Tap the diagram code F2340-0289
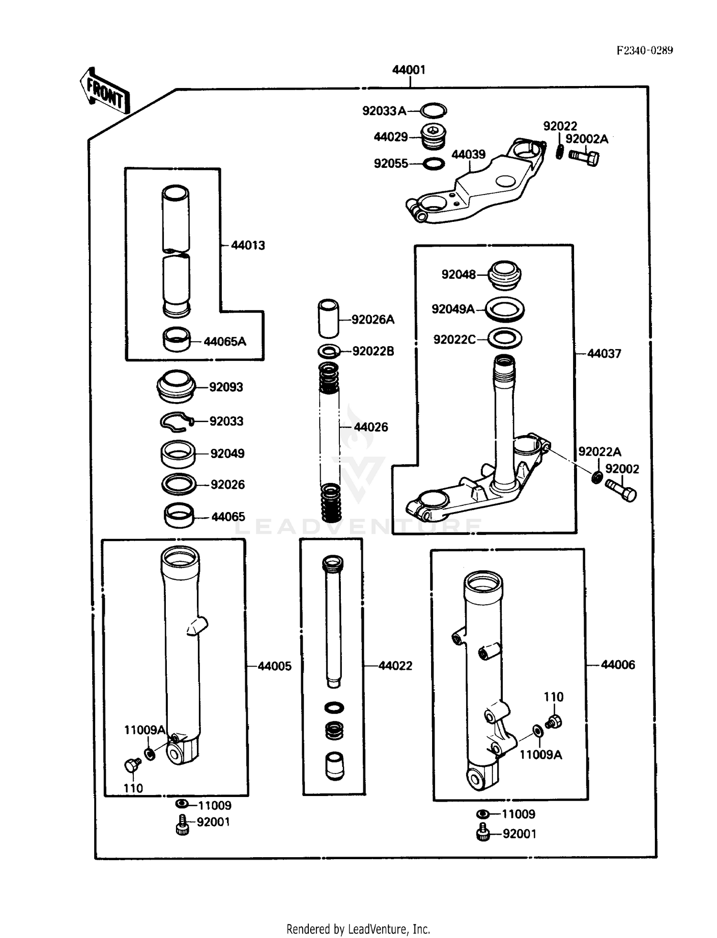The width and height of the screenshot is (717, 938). tap(644, 51)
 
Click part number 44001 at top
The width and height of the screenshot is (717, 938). tap(409, 70)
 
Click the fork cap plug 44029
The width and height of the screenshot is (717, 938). tap(434, 137)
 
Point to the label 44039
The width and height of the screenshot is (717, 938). tap(468, 154)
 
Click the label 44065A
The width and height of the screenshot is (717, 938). tap(225, 341)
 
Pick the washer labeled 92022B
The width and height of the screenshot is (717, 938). tap(329, 351)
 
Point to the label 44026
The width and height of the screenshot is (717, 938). tap(371, 427)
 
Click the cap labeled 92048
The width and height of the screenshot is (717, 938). tap(504, 275)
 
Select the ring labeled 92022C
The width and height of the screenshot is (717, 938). tap(505, 338)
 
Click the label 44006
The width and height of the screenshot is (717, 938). tap(618, 665)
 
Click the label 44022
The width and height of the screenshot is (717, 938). tap(395, 665)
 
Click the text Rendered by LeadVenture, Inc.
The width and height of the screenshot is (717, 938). tap(358, 929)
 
